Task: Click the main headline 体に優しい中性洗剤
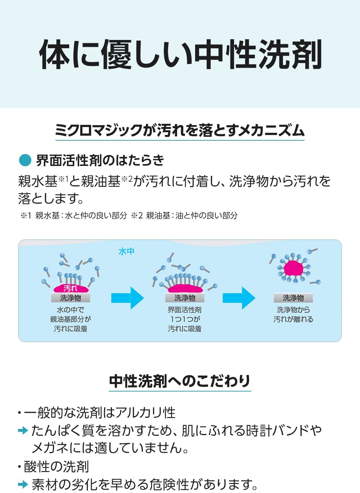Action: coord(180,55)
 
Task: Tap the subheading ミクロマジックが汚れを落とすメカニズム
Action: coord(180,130)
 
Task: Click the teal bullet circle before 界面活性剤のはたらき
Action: coord(25,160)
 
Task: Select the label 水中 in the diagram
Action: coord(126,251)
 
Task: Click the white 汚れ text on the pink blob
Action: coord(71,288)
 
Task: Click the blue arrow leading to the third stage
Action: coord(239,298)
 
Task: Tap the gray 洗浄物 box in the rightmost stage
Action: coord(293,298)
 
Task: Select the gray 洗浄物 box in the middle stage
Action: coord(185,298)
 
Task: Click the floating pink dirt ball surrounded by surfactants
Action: coord(294,268)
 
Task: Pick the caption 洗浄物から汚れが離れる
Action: coord(293,315)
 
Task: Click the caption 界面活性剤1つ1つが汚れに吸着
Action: coord(185,319)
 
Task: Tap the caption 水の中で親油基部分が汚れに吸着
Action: coord(71,319)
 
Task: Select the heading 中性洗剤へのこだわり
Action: coord(180,381)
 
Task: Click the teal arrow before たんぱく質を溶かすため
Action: coord(23,430)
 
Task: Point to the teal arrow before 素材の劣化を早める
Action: coord(23,484)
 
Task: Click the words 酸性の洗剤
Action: coord(56,466)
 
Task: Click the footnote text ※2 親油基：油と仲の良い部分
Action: coord(184,216)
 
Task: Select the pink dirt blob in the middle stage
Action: coord(185,288)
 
